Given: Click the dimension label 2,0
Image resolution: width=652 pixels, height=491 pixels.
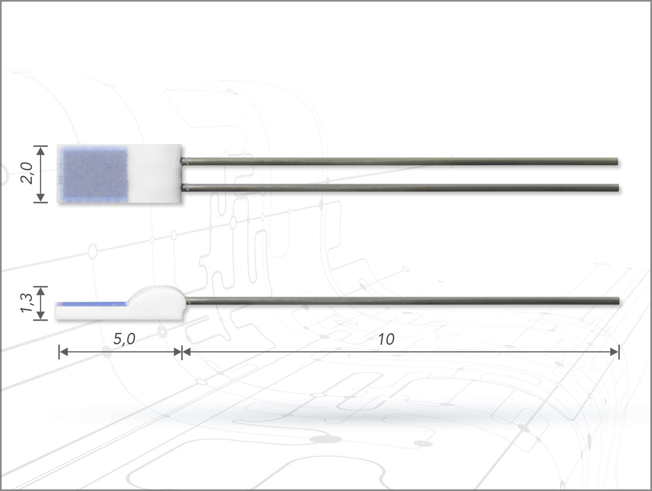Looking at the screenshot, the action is (26, 174).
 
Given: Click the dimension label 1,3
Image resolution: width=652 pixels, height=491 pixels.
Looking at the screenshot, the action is (26, 303).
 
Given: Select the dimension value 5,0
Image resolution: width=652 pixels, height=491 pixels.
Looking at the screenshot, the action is (124, 339).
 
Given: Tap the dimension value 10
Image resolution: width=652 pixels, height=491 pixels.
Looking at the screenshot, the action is (386, 339).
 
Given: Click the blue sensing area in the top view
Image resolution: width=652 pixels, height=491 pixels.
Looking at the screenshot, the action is (95, 174).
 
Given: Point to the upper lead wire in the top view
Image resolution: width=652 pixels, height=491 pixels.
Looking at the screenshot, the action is (400, 162).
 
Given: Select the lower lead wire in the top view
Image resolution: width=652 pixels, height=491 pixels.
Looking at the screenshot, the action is (400, 188).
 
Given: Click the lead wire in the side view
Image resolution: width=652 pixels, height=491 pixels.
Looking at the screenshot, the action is (403, 301).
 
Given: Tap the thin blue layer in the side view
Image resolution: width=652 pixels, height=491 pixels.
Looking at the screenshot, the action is (92, 304).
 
